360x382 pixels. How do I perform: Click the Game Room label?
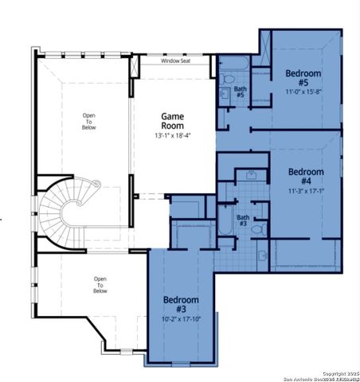[x=173, y=121]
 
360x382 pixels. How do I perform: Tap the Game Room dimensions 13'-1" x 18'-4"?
[x=173, y=135]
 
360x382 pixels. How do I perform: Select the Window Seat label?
[x=175, y=60]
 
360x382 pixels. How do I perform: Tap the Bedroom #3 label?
[x=180, y=304]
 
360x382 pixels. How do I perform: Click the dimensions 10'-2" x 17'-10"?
[x=180, y=318]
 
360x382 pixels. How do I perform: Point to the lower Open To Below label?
[x=100, y=285]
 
